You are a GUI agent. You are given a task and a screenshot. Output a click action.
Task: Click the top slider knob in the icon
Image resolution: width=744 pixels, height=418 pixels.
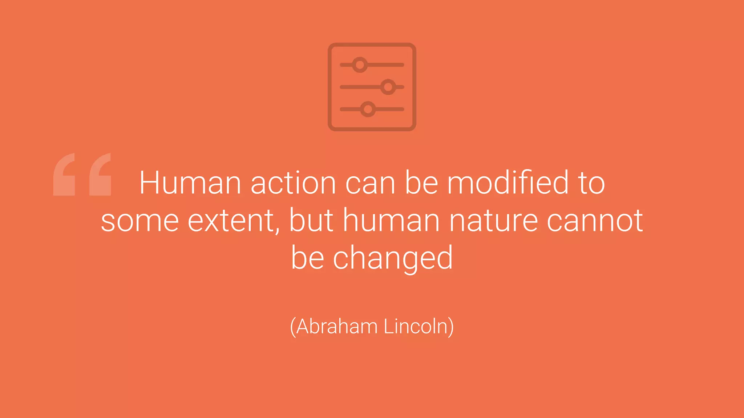(x=360, y=65)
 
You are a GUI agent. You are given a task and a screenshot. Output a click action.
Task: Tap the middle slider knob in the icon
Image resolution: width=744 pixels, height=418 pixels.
(x=388, y=87)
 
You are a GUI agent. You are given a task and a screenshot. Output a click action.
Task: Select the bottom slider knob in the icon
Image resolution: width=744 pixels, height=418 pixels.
(x=368, y=109)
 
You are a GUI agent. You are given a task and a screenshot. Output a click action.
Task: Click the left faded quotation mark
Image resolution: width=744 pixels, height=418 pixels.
(x=64, y=175)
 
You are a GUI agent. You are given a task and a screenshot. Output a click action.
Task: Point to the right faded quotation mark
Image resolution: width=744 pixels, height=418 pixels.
(x=100, y=175)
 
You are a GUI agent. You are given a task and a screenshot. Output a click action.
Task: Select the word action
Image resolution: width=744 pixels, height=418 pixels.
(x=293, y=183)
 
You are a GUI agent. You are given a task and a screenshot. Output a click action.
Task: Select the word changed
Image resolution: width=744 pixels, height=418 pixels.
(x=393, y=258)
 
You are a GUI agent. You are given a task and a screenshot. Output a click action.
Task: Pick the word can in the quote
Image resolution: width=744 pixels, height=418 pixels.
(x=370, y=184)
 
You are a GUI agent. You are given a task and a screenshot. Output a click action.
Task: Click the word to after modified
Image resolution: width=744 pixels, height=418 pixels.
(x=591, y=183)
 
